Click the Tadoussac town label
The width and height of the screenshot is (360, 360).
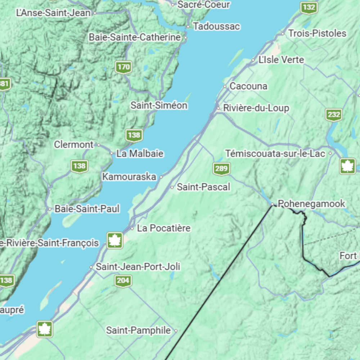click(x=216, y=26)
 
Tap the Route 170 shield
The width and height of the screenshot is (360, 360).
click(x=123, y=67)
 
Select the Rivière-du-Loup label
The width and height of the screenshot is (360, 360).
click(x=256, y=108)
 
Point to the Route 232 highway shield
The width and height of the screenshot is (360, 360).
click(x=334, y=115)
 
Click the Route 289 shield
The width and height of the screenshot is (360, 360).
click(x=221, y=168)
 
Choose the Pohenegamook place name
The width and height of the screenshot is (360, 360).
click(x=311, y=204)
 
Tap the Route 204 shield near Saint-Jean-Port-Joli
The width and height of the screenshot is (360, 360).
click(x=123, y=281)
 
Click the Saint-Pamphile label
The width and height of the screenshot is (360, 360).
click(x=138, y=330)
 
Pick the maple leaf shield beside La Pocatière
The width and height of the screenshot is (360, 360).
click(x=115, y=240)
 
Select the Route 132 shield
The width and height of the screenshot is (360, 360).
click(x=309, y=7)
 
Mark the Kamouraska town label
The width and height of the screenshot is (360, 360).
click(x=129, y=177)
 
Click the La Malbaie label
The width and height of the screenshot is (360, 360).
click(x=140, y=153)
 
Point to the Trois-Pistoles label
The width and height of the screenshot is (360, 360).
click(x=317, y=33)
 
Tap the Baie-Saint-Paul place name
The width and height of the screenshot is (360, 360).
click(x=87, y=209)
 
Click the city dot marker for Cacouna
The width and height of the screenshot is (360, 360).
click(x=225, y=86)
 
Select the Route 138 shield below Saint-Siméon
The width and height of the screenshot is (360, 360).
click(x=134, y=135)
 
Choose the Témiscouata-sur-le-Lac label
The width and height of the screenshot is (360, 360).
click(x=275, y=153)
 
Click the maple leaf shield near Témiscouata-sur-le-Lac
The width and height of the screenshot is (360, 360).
click(x=347, y=166)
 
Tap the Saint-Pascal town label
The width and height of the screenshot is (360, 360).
click(x=203, y=187)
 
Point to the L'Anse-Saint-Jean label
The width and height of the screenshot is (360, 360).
click(x=53, y=13)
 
